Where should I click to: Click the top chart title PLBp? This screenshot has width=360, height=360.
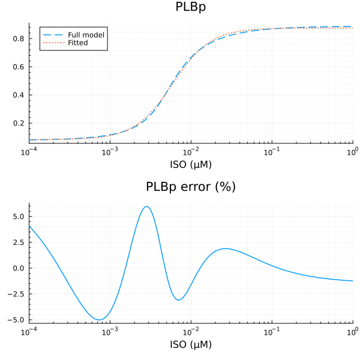tap(191, 7)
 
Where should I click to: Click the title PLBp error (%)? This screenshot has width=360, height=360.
tap(191, 187)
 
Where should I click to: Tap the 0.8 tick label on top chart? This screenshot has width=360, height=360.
tap(20, 38)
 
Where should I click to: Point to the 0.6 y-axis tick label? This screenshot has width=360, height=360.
tap(20, 67)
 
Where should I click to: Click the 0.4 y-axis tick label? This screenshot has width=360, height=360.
tap(20, 95)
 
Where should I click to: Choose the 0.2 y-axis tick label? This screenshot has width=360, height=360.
tap(20, 123)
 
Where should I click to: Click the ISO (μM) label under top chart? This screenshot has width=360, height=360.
tap(191, 164)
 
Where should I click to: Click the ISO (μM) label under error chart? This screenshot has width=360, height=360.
tap(191, 344)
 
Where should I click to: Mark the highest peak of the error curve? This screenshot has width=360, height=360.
tap(146, 206)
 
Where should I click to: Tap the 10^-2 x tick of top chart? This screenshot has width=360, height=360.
tap(191, 151)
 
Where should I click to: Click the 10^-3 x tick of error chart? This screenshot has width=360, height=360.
tap(110, 331)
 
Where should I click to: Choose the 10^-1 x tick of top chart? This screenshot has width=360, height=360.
tap(272, 151)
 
